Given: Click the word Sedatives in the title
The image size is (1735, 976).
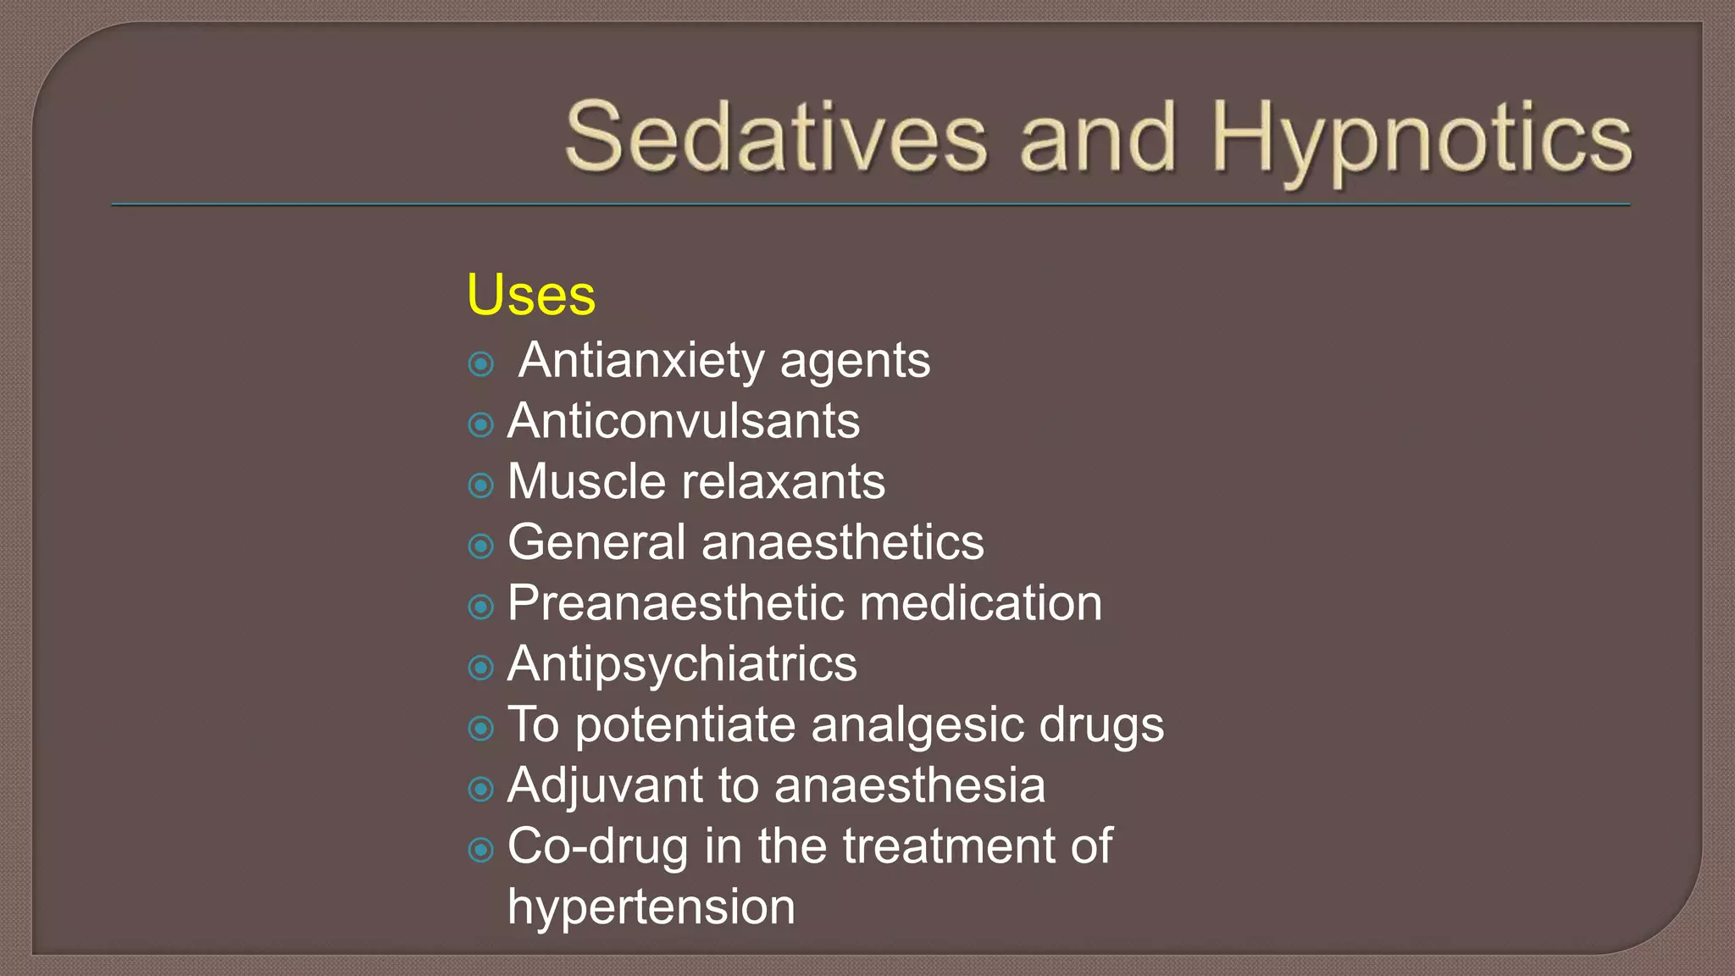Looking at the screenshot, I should click(x=776, y=137).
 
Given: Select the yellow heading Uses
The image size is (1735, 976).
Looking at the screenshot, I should click(x=531, y=295).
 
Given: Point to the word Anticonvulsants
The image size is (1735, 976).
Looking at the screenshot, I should click(x=684, y=421).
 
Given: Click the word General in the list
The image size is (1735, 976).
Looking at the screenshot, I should click(x=596, y=542).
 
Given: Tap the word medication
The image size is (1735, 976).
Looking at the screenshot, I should click(x=981, y=603).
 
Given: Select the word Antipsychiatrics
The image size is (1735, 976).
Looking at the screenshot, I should click(x=682, y=664).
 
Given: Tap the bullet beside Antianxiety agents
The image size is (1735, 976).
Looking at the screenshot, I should click(x=481, y=364).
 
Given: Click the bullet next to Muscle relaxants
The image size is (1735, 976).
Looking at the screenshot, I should click(x=481, y=485).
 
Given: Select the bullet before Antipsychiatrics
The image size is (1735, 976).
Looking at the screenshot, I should click(x=481, y=668).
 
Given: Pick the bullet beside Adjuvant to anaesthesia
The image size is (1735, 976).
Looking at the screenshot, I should click(x=481, y=789).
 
